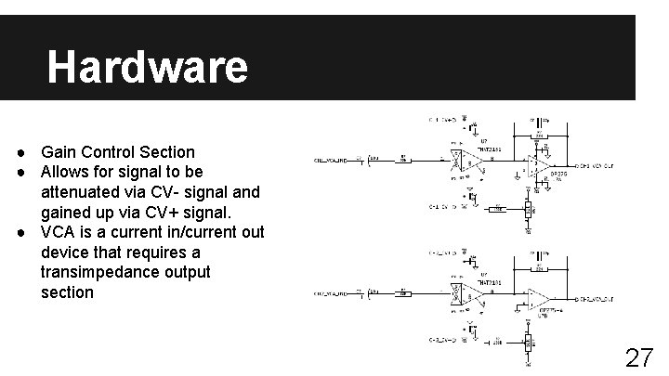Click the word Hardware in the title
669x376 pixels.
point(147,67)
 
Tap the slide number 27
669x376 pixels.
point(638,357)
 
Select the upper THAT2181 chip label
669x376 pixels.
point(490,148)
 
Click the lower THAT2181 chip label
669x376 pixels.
point(489,280)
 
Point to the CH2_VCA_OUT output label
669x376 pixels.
point(602,299)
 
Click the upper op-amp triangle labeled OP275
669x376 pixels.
point(537,166)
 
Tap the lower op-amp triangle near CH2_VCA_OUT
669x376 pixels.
point(538,299)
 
